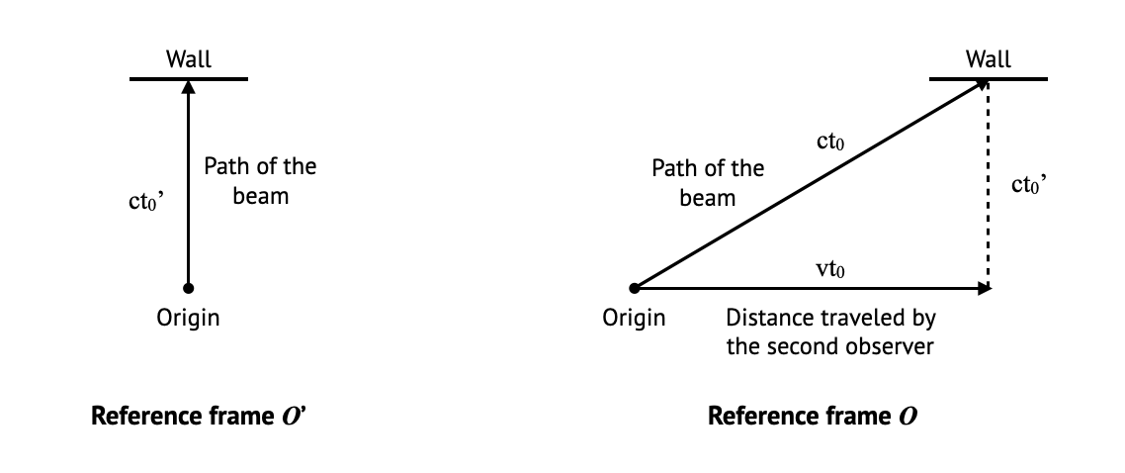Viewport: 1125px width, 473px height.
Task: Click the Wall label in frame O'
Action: coord(188,59)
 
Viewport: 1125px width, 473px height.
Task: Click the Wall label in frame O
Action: coord(989,59)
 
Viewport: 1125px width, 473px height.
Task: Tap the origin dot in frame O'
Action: coord(188,288)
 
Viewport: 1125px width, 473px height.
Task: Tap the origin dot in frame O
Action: coord(635,288)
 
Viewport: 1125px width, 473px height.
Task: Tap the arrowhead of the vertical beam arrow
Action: coord(188,86)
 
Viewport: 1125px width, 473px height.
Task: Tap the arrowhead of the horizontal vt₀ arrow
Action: coord(983,288)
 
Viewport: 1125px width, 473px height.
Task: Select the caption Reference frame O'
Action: coord(201,416)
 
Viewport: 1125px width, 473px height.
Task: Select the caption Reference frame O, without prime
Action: coord(812,416)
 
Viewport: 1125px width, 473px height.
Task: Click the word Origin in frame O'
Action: coord(188,318)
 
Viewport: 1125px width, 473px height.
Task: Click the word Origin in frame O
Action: coord(634,318)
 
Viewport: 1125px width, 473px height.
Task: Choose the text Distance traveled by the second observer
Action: coord(830,332)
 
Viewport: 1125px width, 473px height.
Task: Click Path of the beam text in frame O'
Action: coord(260,180)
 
